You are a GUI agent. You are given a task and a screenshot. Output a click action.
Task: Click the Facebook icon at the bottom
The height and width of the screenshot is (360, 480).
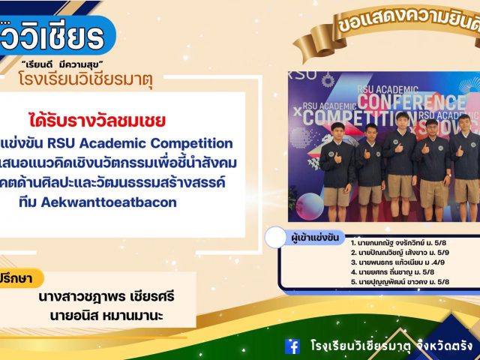point(292,346)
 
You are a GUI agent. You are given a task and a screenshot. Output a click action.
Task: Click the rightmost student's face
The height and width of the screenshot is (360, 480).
point(465,123)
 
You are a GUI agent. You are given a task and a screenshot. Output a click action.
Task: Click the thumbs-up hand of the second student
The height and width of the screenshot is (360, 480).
point(365,154)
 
